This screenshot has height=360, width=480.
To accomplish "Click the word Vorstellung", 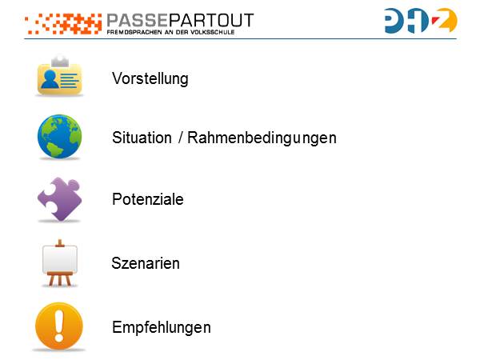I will coord(150,79).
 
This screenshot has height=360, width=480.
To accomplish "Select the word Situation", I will coord(142,138).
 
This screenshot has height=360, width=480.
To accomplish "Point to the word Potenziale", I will coord(148,199).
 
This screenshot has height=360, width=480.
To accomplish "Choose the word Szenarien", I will coord(146,263).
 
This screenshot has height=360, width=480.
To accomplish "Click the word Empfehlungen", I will coord(162,327).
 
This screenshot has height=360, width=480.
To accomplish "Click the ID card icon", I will coord(59,77).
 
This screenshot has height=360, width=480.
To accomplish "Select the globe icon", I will coord(59,137).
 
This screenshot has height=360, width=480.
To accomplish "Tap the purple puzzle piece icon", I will coord(59,199).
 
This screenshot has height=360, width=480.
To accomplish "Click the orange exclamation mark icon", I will coord(59,326).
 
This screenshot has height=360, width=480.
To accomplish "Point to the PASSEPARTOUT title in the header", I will coord(179,20).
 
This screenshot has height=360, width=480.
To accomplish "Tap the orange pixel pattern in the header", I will coord(64,24).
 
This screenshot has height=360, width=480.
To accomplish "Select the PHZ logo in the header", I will coord(420,21).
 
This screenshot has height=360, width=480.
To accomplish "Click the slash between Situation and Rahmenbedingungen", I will coord(181,138).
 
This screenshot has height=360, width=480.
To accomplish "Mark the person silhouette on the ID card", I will coord(50,79).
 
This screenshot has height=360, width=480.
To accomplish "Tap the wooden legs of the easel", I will coord(59,279).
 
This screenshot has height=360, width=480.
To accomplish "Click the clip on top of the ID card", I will coord(59,61).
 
